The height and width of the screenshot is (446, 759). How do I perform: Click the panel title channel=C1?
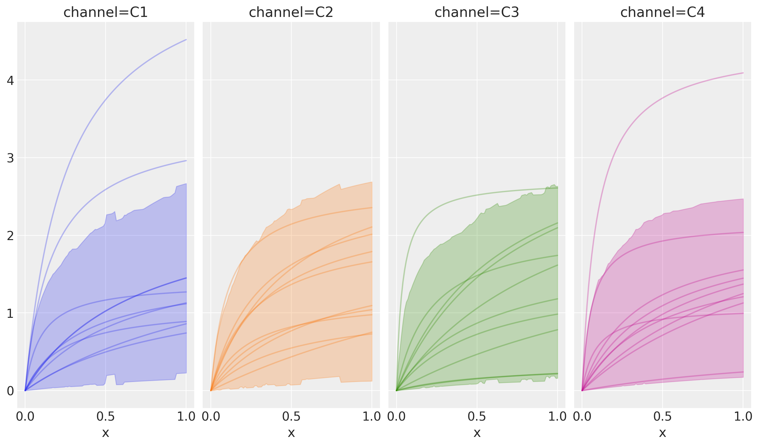(106, 13)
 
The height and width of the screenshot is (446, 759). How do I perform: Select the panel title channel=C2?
(291, 13)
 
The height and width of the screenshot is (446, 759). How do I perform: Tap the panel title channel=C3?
(477, 13)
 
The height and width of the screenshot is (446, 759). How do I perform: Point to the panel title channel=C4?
(663, 13)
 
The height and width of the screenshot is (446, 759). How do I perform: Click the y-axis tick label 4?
(10, 81)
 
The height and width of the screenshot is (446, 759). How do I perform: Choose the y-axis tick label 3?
(10, 158)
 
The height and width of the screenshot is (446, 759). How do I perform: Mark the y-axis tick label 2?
(10, 236)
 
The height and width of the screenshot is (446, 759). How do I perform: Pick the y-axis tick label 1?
(10, 313)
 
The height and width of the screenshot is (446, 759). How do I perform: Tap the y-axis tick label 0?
(10, 391)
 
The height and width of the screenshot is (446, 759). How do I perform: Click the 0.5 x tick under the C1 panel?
(106, 417)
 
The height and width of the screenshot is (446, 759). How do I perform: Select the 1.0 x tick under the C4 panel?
(743, 417)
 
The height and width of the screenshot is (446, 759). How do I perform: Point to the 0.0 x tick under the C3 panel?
(397, 417)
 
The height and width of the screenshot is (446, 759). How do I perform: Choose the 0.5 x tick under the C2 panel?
(291, 417)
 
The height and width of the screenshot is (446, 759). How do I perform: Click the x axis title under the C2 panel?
(291, 433)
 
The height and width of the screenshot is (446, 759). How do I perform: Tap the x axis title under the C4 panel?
(663, 433)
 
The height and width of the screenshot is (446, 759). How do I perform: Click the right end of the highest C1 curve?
(186, 40)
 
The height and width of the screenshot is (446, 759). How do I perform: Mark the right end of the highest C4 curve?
(743, 73)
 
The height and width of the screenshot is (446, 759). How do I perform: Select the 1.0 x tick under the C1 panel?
(186, 417)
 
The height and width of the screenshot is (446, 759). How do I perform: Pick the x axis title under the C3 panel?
(477, 433)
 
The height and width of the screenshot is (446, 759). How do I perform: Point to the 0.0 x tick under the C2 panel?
(211, 417)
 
